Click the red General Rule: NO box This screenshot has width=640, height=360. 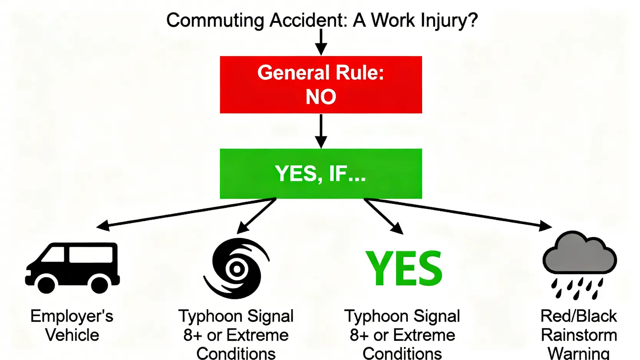[x=321, y=85]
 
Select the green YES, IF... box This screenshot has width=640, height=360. [x=321, y=174]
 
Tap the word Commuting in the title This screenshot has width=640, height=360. [x=215, y=21]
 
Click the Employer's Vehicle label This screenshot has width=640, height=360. [x=72, y=325]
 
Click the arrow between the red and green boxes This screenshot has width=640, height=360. [x=321, y=131]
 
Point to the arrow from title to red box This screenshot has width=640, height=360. [x=321, y=41]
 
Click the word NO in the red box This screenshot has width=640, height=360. [x=321, y=96]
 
